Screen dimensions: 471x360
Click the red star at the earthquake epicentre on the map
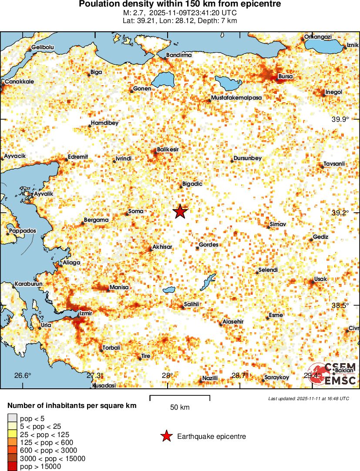click(x=180, y=212)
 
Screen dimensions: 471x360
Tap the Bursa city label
click(x=286, y=77)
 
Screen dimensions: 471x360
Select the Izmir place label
click(x=86, y=313)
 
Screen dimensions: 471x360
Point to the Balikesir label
click(x=168, y=149)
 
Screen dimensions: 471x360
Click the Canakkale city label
click(x=19, y=82)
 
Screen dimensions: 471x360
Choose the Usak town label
click(x=320, y=279)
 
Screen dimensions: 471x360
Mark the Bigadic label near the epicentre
click(x=192, y=184)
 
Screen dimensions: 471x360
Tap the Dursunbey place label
click(x=247, y=158)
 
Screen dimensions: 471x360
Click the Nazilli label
click(x=210, y=378)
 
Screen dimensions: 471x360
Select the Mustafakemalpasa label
click(x=236, y=98)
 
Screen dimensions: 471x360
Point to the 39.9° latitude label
click(x=340, y=119)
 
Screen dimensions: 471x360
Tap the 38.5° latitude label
click(x=340, y=306)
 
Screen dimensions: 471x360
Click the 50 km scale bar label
click(x=180, y=408)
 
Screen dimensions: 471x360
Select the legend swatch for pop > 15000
click(x=12, y=467)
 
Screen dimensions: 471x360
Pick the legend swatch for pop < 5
click(x=12, y=418)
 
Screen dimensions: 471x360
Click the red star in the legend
click(x=166, y=436)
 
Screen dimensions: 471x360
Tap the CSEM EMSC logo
click(x=333, y=374)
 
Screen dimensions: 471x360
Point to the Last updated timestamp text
click(x=308, y=398)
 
